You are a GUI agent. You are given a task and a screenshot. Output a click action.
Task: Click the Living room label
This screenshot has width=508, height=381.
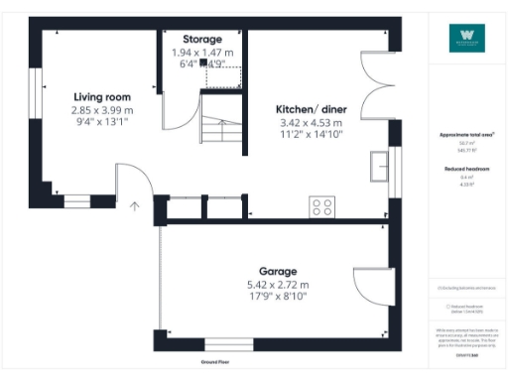click(103, 96)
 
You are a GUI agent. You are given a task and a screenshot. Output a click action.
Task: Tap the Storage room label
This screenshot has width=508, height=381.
click(201, 39)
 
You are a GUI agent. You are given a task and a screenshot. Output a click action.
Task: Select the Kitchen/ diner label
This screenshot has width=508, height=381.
click(311, 108)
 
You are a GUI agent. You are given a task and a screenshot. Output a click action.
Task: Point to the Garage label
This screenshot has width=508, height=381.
click(278, 271)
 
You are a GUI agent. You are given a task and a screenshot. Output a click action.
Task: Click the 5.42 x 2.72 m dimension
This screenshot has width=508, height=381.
click(278, 284)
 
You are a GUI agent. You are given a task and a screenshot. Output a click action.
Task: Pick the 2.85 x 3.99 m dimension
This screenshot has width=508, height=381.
click(103, 110)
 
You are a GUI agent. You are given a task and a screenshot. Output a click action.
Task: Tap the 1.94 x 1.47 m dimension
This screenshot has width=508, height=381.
click(201, 52)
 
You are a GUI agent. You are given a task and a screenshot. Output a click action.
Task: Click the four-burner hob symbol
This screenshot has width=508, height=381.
click(322, 207)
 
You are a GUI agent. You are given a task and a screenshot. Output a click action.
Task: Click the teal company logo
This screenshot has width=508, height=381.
click(466, 38)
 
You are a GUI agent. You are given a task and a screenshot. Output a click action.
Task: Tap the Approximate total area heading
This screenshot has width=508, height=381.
click(466, 134)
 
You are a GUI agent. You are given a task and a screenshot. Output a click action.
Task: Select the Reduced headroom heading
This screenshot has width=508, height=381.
click(466, 170)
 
